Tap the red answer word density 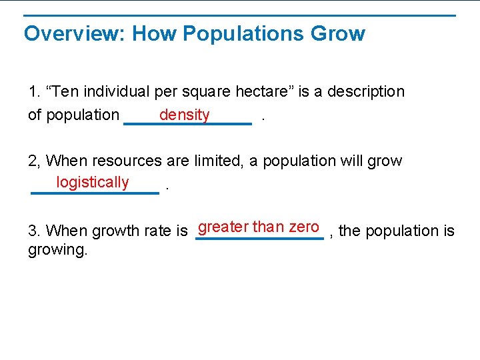coord(185,115)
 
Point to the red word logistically coord(93,182)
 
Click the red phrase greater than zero coord(259,227)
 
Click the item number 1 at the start coord(33,91)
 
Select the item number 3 coord(33,231)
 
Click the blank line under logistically coord(95,193)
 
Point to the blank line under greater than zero coord(259,238)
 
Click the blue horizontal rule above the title coord(240,15)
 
